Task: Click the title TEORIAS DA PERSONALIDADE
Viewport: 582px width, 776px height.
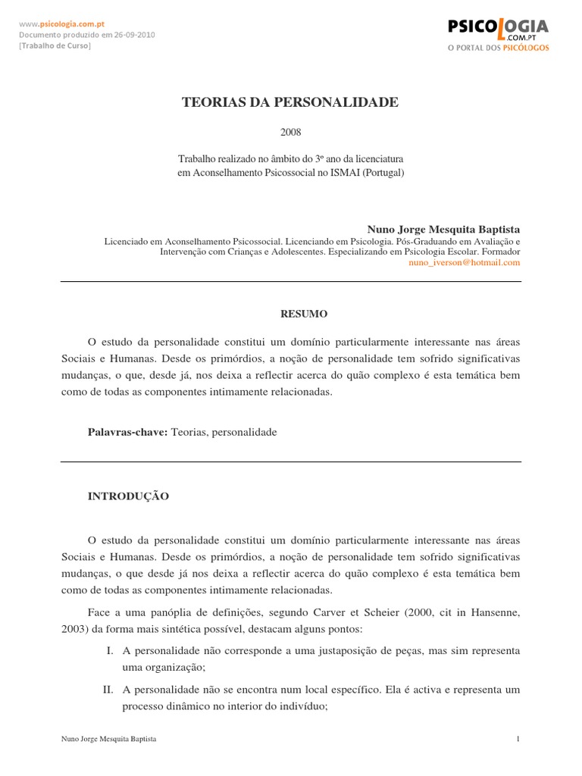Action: (290, 102)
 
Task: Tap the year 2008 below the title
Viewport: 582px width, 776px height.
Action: (290, 132)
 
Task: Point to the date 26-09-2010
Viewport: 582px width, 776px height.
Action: (133, 35)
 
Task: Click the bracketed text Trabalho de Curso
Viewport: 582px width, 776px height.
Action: (55, 46)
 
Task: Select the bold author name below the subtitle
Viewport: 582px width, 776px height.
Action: (443, 228)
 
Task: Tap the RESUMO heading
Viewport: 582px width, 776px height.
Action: (290, 312)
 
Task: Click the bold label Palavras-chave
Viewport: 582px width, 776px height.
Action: (128, 432)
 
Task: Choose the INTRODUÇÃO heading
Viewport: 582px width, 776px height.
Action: (129, 496)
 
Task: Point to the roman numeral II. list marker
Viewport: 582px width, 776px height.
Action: (108, 690)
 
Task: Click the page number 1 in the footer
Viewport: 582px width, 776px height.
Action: (518, 737)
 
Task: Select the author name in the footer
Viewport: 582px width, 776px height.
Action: (108, 737)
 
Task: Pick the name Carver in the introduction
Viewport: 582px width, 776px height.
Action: (321, 612)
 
